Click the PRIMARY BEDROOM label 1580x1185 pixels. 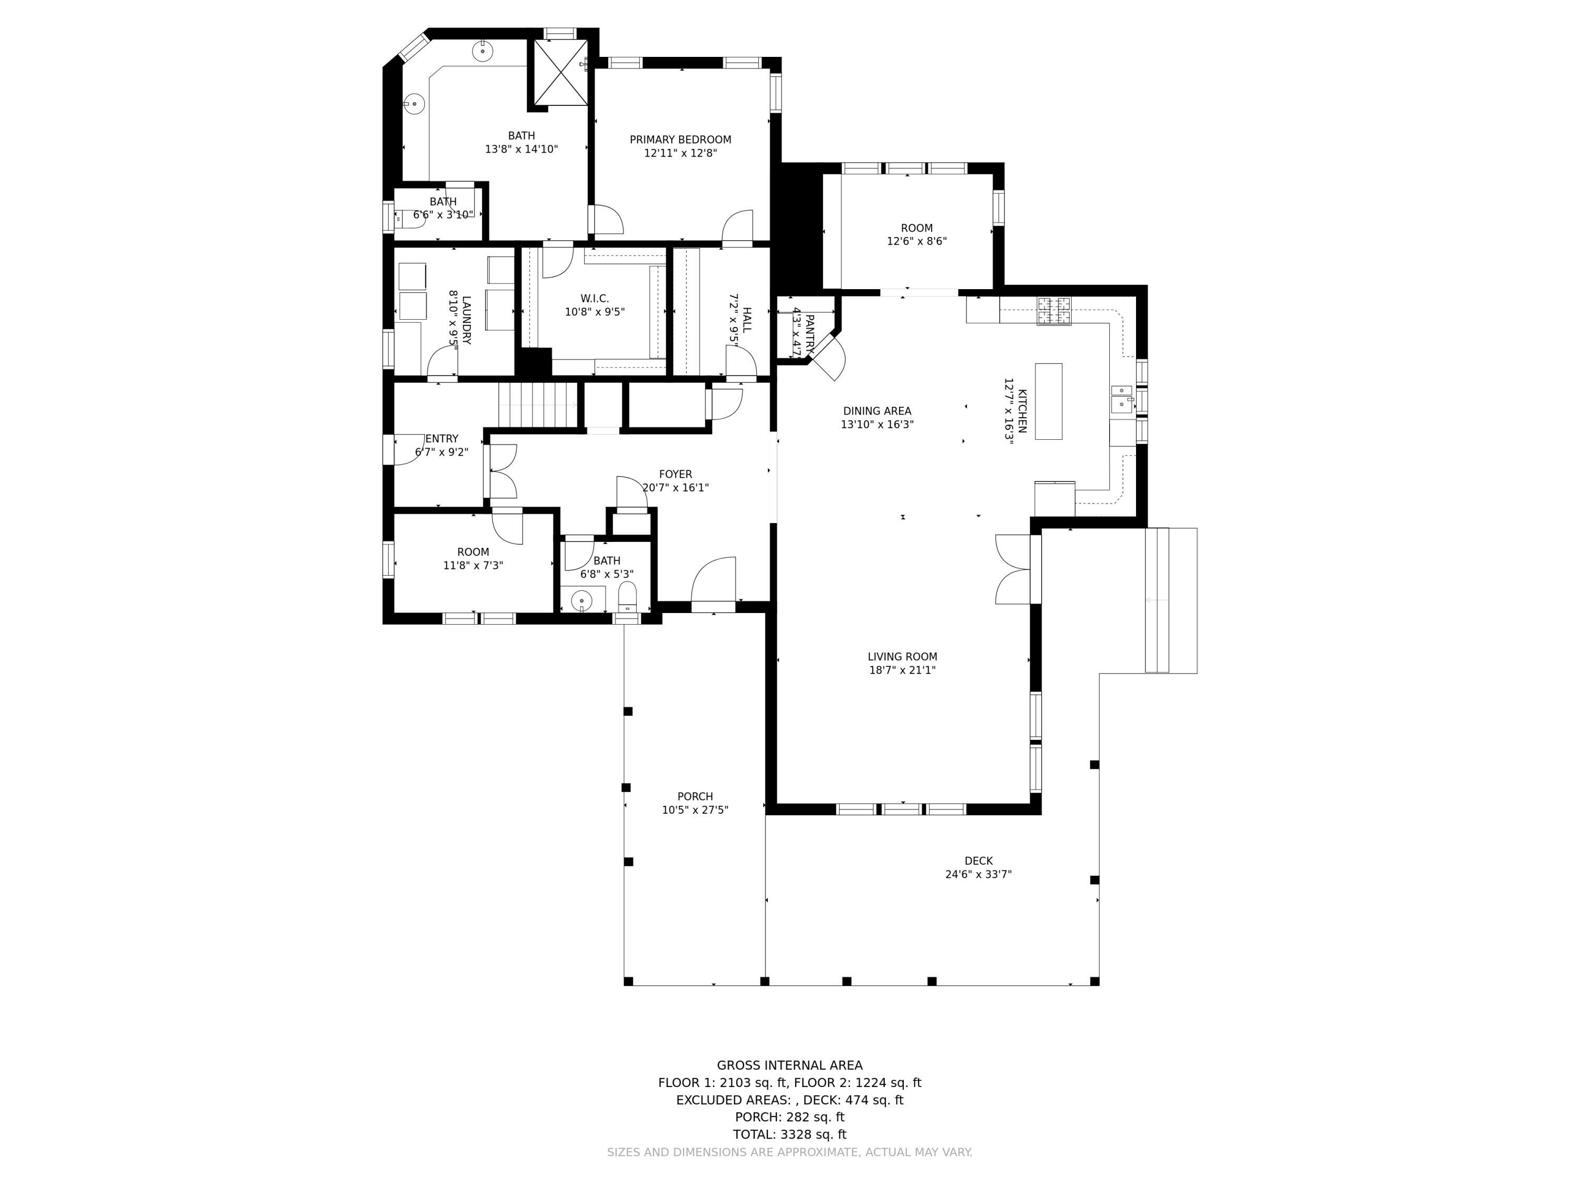(680, 140)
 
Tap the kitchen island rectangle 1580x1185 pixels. (1048, 401)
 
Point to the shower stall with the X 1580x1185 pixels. (561, 73)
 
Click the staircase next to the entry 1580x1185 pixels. (537, 404)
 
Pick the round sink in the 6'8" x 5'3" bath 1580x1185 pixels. (581, 601)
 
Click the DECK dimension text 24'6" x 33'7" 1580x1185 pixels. (978, 874)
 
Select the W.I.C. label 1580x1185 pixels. (594, 299)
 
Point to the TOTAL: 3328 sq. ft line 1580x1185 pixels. (789, 1134)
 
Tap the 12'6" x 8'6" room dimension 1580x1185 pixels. (916, 241)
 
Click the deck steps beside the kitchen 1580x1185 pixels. (1171, 600)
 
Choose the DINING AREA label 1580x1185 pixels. (876, 411)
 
